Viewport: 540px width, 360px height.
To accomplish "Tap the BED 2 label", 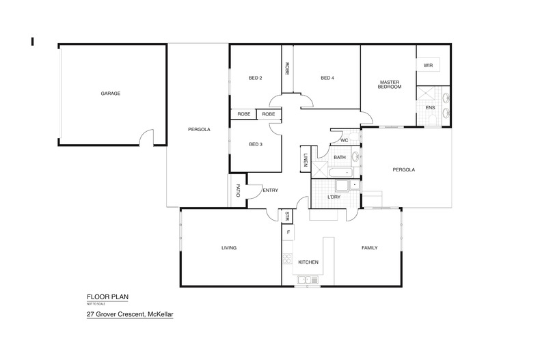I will (255, 78).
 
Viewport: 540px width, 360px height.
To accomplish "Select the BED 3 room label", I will (255, 144).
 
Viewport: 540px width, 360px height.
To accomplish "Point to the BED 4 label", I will (327, 78).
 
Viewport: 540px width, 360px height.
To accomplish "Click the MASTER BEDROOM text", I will (389, 85).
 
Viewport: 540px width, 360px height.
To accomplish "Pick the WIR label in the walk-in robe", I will (428, 66).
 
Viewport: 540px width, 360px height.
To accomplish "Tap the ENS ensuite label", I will (430, 107).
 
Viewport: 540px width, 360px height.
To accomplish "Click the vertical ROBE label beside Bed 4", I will (287, 68).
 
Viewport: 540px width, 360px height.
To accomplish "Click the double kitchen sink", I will (305, 279).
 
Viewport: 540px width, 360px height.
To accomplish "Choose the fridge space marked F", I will (288, 232).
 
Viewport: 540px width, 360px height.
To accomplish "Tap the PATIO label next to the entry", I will (238, 191).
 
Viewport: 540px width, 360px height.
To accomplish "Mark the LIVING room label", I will (228, 248).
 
